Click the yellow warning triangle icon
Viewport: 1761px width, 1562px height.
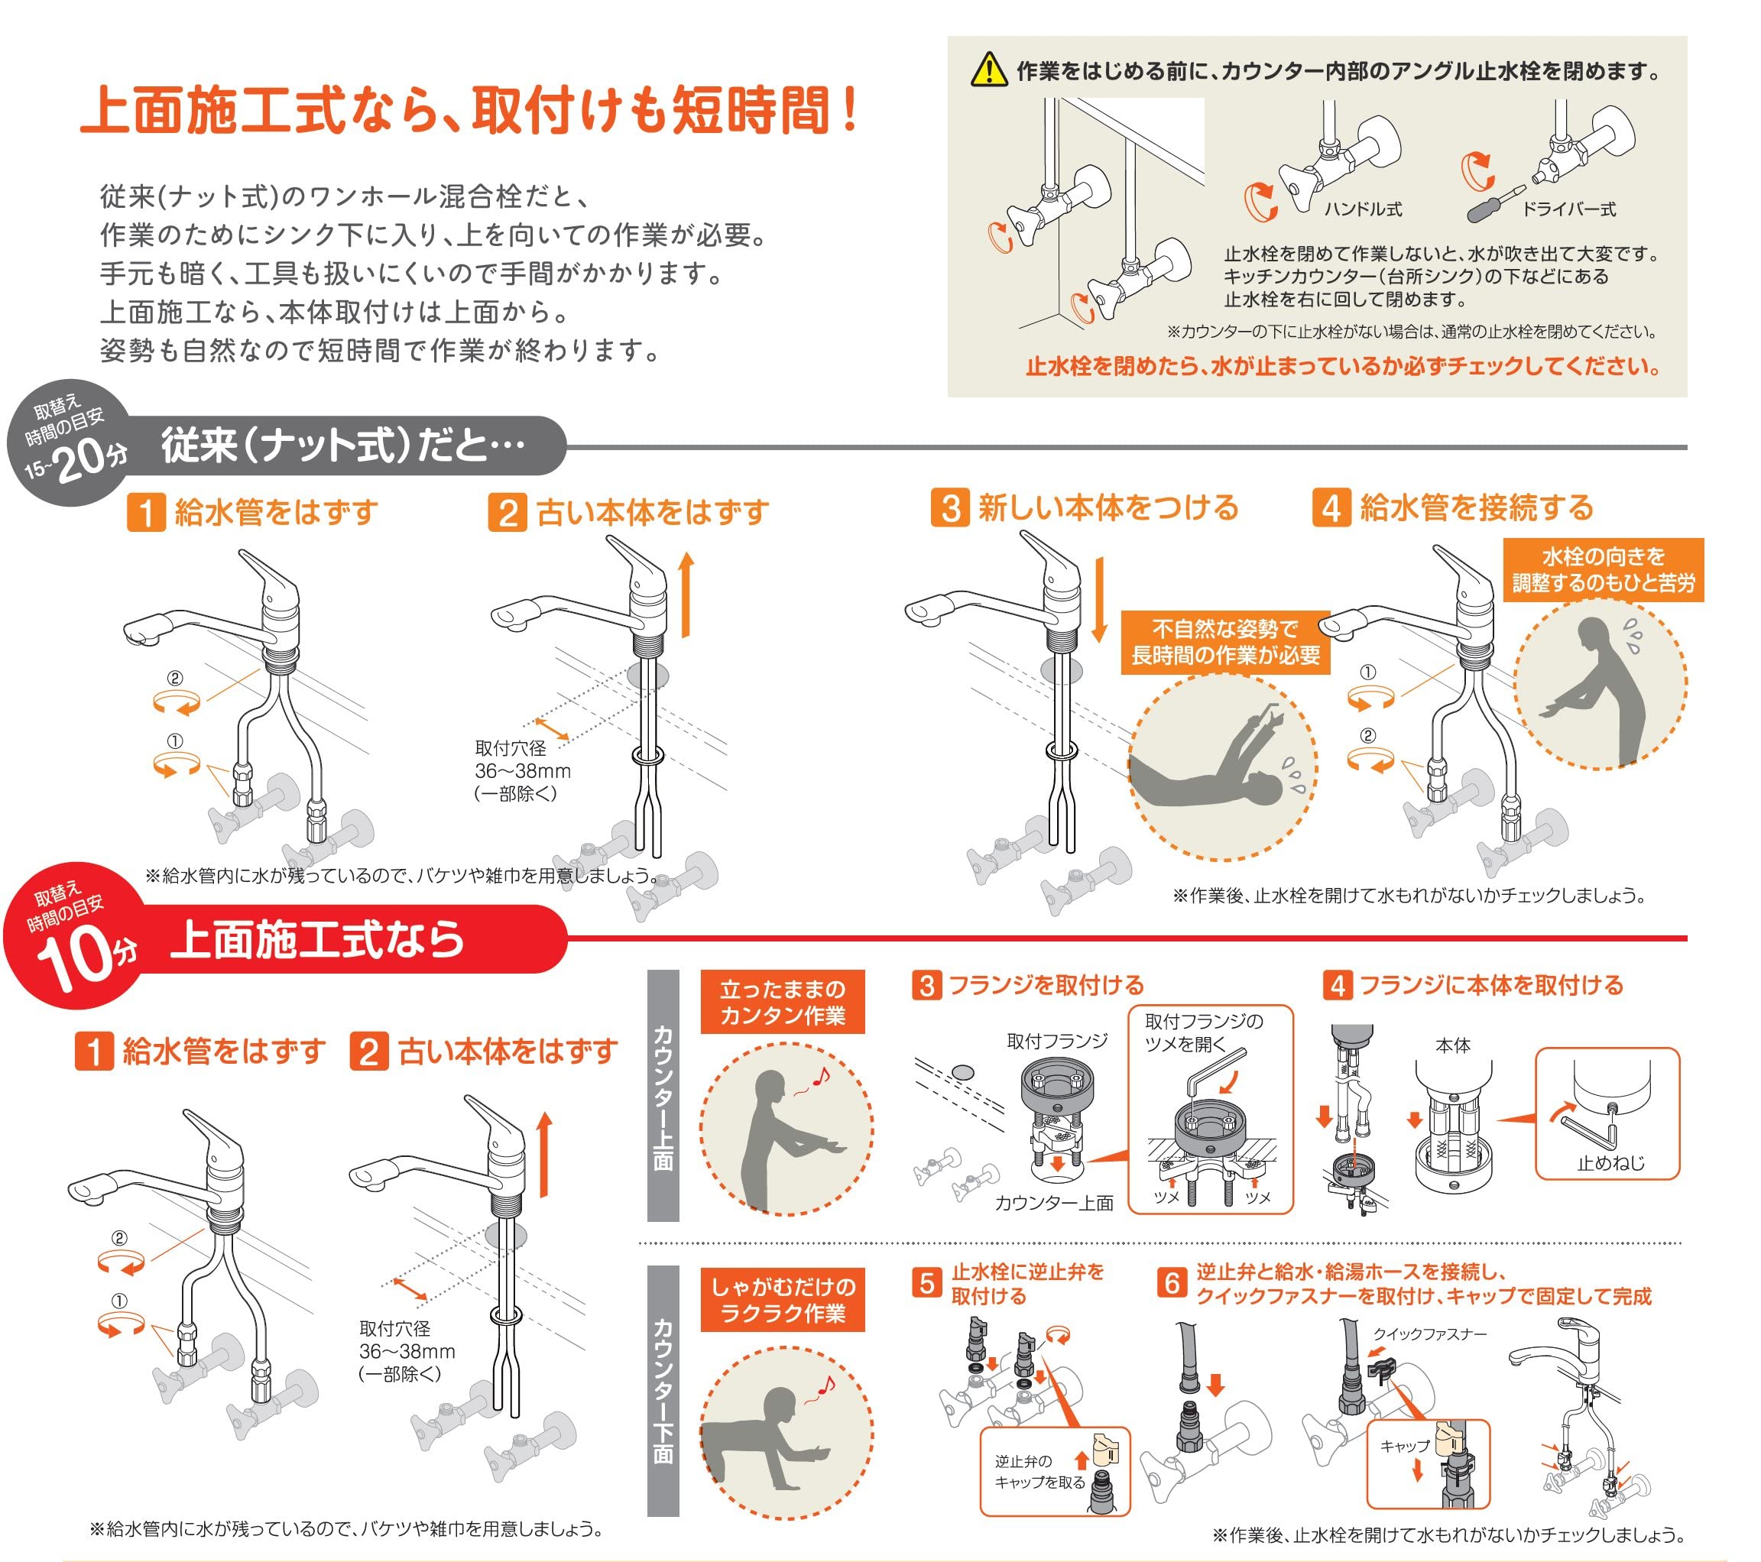point(989,69)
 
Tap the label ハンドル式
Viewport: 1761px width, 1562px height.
point(1362,209)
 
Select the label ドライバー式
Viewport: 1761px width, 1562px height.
point(1568,209)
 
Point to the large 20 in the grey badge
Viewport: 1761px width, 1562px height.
point(83,458)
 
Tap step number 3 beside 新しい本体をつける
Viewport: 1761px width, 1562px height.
point(950,507)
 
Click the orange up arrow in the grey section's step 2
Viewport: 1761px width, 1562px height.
point(686,595)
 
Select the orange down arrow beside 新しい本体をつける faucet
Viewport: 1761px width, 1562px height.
point(1098,600)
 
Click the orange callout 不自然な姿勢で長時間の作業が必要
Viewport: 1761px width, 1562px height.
point(1224,642)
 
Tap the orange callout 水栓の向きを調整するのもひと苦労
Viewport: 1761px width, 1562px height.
point(1603,569)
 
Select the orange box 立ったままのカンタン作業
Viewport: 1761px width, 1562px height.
point(782,1002)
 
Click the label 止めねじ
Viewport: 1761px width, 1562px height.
point(1610,1163)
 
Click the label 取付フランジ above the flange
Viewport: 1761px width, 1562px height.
point(1057,1041)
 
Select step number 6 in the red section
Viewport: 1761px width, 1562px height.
point(1172,1283)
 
